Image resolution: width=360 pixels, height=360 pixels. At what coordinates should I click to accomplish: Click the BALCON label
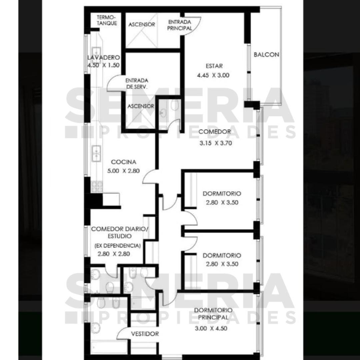[x=266, y=55]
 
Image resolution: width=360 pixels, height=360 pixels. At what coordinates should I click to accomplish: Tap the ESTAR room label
[x=214, y=66]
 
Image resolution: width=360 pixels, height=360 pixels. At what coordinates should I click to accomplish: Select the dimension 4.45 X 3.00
[x=213, y=75]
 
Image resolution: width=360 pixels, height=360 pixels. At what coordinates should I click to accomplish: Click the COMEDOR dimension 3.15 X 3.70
[x=216, y=143]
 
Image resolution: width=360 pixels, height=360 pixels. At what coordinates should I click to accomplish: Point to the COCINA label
[x=124, y=162]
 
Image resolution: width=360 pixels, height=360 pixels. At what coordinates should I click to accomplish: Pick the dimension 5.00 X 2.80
[x=124, y=171]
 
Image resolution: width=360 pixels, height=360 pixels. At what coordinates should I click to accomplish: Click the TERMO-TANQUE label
[x=107, y=20]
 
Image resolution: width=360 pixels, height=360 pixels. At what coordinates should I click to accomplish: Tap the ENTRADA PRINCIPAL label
[x=180, y=25]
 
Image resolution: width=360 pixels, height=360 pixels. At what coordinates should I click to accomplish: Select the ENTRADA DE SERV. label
[x=137, y=84]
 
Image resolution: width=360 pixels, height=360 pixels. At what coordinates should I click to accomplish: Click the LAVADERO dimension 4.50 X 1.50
[x=103, y=65]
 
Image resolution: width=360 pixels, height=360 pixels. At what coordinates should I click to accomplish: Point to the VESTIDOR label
[x=145, y=334]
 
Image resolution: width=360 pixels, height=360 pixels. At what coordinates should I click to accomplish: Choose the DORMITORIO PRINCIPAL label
[x=213, y=314]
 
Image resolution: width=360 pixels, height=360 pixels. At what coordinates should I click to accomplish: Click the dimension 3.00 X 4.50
[x=211, y=328]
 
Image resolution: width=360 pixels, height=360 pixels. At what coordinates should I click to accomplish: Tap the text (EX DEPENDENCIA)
[x=118, y=246]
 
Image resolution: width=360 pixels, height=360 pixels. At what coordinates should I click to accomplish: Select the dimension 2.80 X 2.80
[x=114, y=254]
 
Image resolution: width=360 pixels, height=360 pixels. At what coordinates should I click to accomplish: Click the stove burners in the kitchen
[x=97, y=187]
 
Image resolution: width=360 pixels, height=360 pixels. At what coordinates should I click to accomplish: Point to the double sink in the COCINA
[x=96, y=153]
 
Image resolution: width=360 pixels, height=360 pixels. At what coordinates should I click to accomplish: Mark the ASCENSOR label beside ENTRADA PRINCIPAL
[x=142, y=25]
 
